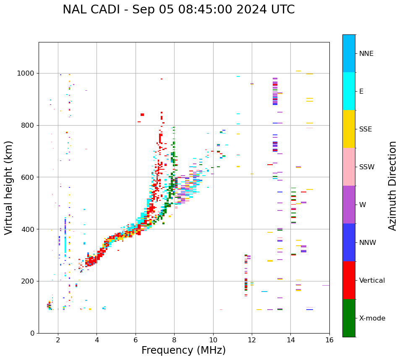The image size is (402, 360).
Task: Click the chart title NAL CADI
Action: pos(178,10)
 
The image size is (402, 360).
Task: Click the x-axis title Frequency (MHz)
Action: pos(183,350)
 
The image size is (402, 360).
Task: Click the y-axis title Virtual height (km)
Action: pos(9,188)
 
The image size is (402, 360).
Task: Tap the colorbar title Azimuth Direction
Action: pos(392,186)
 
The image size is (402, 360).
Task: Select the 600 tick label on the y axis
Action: pos(29,177)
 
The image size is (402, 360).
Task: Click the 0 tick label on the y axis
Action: pos(32,333)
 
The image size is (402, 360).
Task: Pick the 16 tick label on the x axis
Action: pos(329,340)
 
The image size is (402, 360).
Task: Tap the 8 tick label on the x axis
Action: pos(174,340)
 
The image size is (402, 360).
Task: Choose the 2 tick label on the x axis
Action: pos(58,340)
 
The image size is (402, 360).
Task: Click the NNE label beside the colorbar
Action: pos(366,54)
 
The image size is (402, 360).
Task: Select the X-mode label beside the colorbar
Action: pos(372,318)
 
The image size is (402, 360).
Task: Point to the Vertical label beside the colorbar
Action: pos(372,281)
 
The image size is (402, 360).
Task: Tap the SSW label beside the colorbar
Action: pos(367,167)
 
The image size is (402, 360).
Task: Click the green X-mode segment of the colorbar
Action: pos(349,318)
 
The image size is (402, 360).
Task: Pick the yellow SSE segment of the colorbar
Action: pos(349,129)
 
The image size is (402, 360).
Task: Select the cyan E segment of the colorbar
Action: pos(349,91)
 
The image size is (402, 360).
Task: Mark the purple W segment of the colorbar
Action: pos(349,205)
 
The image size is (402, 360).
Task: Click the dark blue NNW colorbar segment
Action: pos(349,242)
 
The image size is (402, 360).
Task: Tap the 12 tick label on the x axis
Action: pos(252,340)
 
